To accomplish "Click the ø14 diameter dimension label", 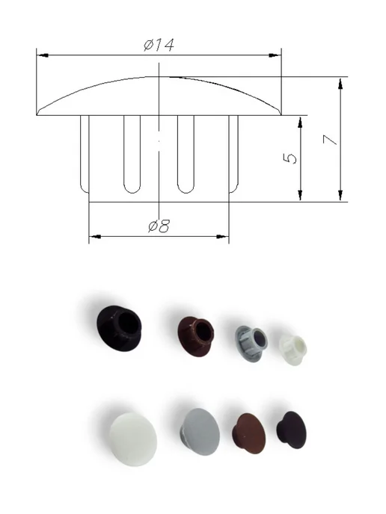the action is tap(159, 45).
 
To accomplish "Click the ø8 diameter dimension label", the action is tap(159, 226).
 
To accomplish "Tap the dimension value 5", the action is tap(289, 158).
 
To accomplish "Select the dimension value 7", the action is tap(330, 140).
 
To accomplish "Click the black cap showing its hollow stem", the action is tap(119, 328).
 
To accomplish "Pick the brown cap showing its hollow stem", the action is tap(196, 336).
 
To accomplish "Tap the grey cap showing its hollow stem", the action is tap(251, 344).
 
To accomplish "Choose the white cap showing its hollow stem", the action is tap(292, 350).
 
